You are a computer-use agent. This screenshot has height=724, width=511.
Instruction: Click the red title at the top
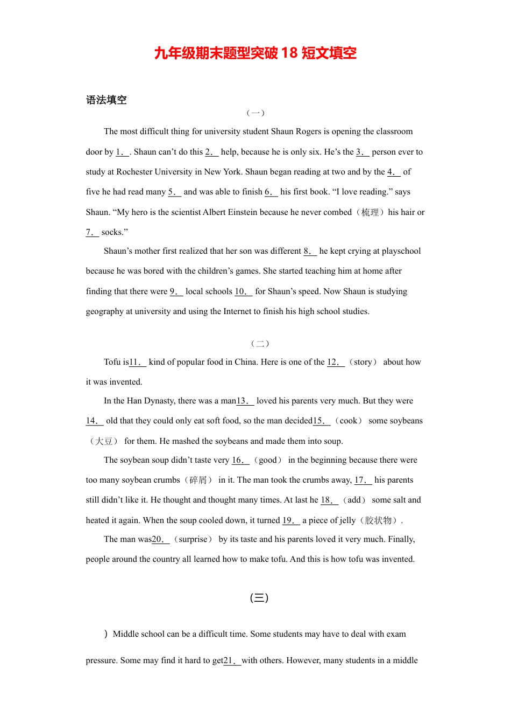tap(255, 53)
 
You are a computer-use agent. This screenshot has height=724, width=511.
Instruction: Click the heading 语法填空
tap(106, 100)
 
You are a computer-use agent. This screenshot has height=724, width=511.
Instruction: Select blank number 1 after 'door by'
tap(122, 152)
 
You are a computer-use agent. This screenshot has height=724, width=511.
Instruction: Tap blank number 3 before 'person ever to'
tap(363, 152)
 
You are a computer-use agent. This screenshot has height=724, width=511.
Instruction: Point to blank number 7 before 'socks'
tap(92, 233)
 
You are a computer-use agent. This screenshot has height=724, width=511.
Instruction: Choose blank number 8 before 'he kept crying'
tap(310, 252)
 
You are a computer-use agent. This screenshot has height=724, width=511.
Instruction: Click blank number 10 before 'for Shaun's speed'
tap(243, 292)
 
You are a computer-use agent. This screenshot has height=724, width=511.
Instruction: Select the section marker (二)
tap(260, 343)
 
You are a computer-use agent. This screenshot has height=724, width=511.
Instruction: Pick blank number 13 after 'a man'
tap(245, 401)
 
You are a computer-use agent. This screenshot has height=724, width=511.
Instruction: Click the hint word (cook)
tap(349, 421)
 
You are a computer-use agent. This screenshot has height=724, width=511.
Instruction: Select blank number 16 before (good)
tap(240, 461)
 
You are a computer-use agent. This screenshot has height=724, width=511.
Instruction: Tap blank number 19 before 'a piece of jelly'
tap(291, 521)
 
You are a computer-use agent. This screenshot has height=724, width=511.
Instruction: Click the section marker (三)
tap(259, 597)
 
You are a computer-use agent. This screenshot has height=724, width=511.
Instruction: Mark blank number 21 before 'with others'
tap(232, 661)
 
